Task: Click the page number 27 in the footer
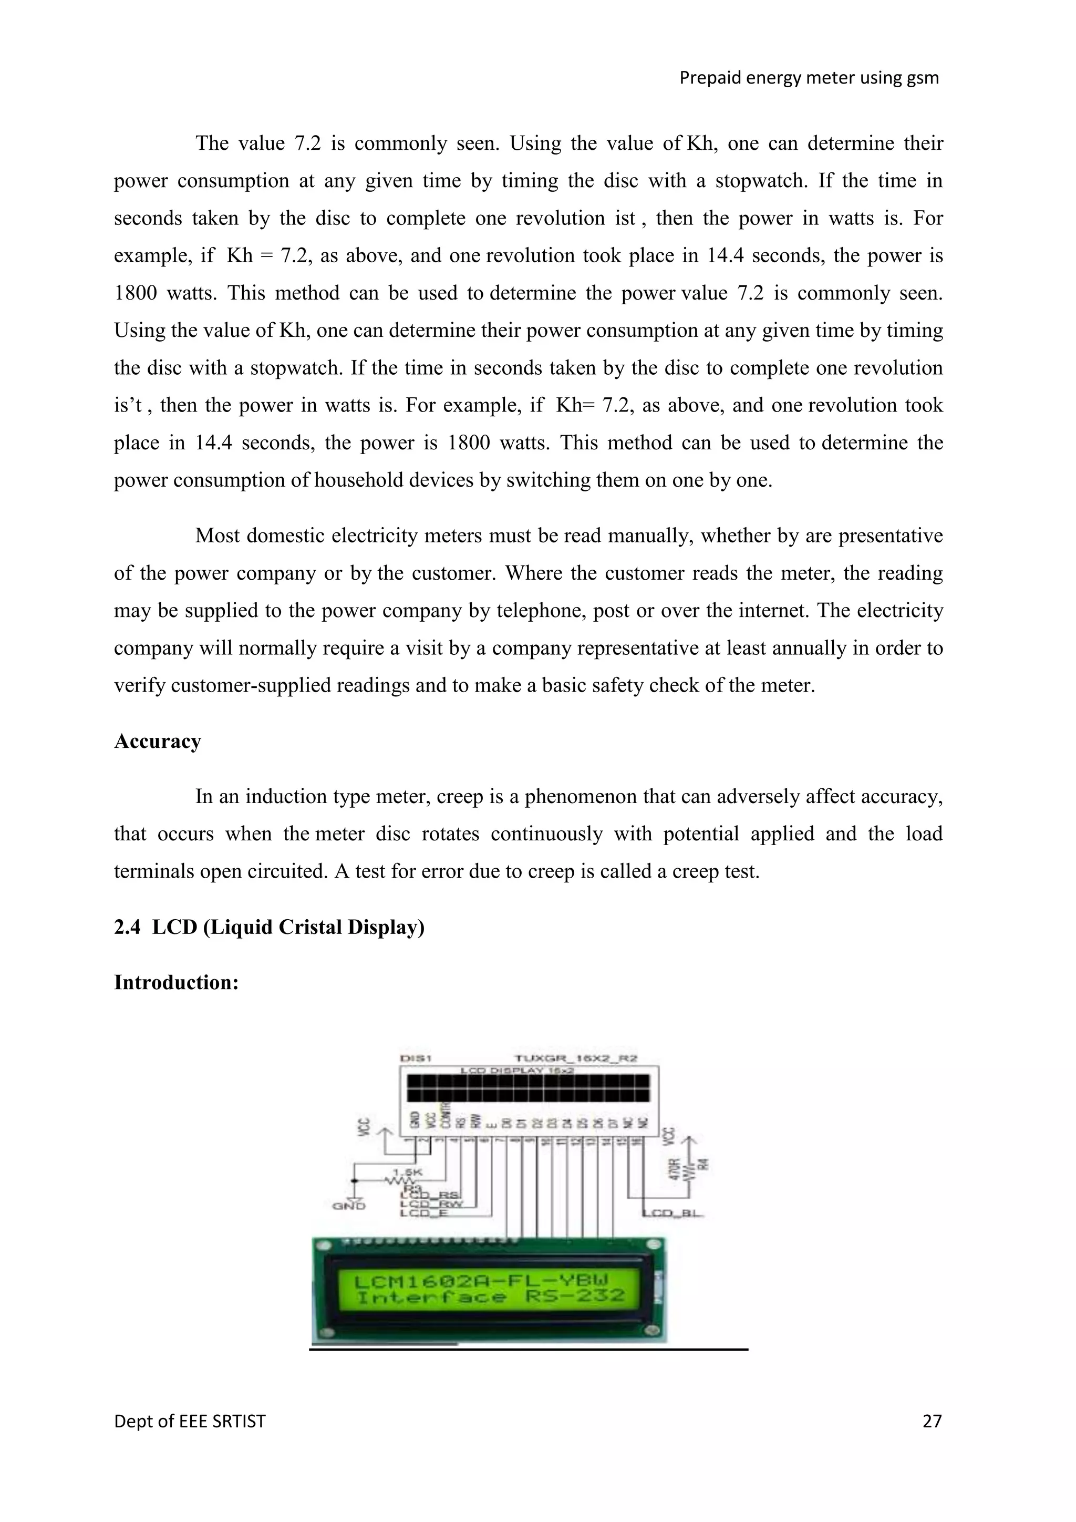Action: tap(932, 1421)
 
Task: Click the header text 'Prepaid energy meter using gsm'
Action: tap(809, 78)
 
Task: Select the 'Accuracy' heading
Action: tap(158, 741)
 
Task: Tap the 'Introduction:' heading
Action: tap(176, 982)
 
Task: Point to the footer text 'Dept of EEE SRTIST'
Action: tap(190, 1421)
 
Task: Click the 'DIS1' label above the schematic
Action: tap(417, 1058)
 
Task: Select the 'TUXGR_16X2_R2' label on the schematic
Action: tap(576, 1058)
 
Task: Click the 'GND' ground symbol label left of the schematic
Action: tap(348, 1206)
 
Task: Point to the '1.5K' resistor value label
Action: tap(408, 1172)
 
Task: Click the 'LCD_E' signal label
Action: tap(424, 1213)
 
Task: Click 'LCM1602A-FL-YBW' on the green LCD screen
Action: tap(482, 1281)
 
